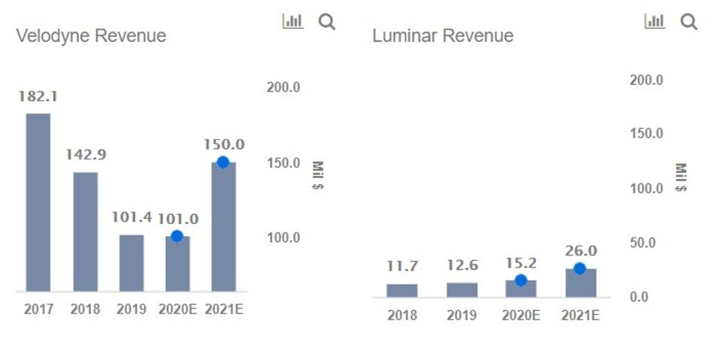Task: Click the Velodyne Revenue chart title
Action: coord(91,35)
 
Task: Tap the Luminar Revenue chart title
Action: coord(443,35)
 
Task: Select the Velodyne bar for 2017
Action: coord(38,202)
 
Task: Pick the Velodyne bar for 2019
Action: coord(132,263)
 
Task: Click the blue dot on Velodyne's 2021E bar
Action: coord(223,162)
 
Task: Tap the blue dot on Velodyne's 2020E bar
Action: coord(177,236)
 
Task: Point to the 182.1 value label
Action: coord(38,96)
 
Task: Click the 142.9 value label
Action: coord(85,155)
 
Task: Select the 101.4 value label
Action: coord(132,217)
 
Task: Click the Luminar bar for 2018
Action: coord(402,290)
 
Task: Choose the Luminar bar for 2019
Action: coord(462,289)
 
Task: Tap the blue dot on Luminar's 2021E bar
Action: coord(580,269)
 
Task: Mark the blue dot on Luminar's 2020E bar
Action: coord(520,280)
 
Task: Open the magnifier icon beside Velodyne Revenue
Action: coord(326,22)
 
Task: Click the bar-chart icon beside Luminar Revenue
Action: coord(655,22)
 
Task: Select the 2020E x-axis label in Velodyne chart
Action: coord(177,310)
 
